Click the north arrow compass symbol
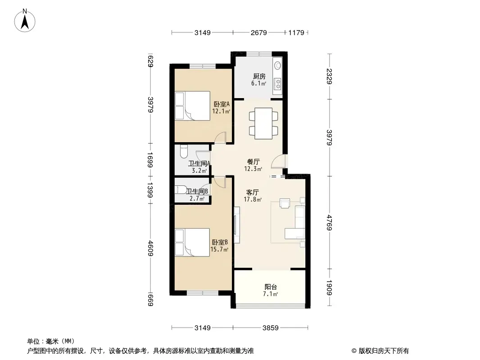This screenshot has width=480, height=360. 25,20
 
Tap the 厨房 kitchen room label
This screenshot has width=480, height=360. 259,76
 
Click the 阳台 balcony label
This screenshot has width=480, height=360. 271,287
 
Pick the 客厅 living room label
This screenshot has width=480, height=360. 253,193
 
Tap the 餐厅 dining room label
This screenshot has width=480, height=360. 254,162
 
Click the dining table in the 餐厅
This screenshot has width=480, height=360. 263,124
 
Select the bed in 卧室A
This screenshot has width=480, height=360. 193,106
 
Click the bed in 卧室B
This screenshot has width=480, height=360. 193,242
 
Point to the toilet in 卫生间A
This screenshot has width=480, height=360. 183,151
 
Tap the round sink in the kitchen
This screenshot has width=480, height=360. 278,65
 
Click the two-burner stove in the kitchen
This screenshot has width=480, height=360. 278,84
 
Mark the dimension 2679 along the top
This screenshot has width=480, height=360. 259,32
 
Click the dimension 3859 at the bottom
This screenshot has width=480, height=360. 271,328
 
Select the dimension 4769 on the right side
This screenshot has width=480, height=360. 329,223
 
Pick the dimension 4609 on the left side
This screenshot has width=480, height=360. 150,248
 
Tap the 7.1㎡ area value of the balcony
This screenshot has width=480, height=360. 270,294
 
